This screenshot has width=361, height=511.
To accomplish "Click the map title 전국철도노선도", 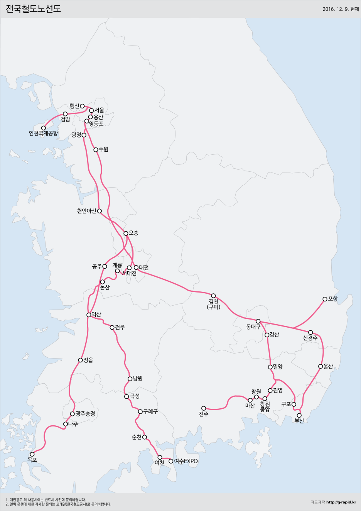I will [x=33, y=8].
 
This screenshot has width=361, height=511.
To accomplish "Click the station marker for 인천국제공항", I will [x=44, y=128].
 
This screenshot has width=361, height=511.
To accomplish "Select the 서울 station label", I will [x=99, y=110].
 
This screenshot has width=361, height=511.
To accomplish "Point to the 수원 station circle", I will [x=96, y=150].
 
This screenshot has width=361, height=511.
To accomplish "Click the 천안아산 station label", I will [x=86, y=211].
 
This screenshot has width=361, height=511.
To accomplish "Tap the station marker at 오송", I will [x=126, y=233].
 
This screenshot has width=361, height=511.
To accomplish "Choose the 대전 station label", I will [x=144, y=267].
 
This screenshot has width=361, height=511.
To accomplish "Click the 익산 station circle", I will [x=89, y=315].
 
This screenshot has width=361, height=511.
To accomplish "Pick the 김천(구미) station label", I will [x=214, y=304].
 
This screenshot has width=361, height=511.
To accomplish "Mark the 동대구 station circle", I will [x=258, y=321].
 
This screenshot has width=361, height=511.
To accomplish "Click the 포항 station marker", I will [x=325, y=299].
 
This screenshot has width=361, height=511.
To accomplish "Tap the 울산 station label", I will [x=328, y=366].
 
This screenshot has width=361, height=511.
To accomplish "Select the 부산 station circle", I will [x=299, y=415].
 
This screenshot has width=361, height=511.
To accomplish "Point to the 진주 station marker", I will [x=204, y=408].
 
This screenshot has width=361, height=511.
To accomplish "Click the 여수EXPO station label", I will [x=186, y=461].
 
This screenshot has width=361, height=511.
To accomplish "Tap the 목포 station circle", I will [x=32, y=454].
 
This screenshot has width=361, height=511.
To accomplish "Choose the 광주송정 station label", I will [x=85, y=414].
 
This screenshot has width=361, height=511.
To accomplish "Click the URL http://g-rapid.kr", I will [x=341, y=502].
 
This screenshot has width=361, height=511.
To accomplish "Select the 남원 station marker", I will [x=130, y=379].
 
